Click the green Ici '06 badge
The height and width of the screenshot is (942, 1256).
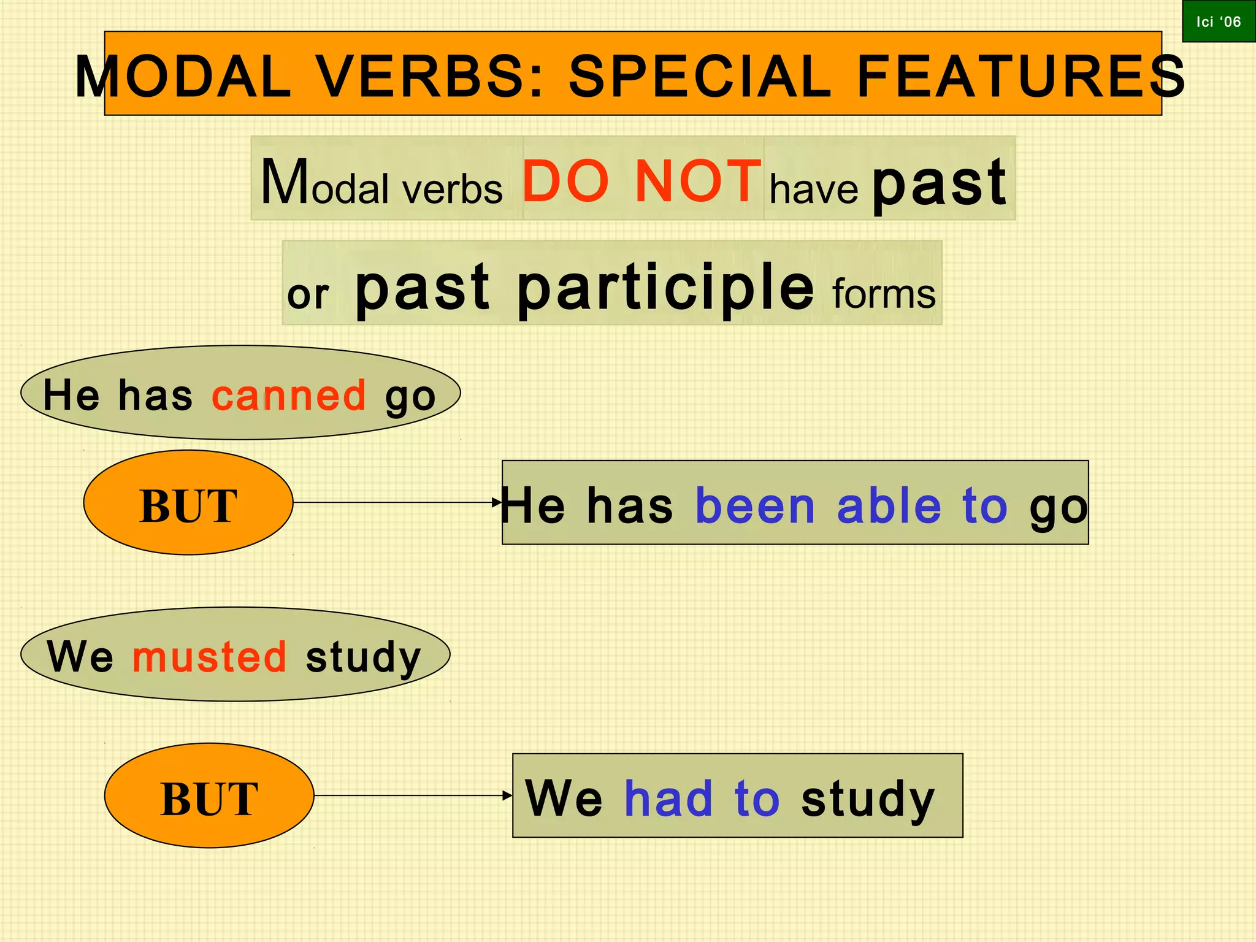point(1218,21)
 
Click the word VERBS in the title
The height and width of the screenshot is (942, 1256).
point(430,77)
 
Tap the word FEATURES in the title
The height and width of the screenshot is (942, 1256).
point(1020,77)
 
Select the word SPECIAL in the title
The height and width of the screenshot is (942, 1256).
point(700,77)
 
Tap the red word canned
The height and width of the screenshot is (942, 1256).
point(289,395)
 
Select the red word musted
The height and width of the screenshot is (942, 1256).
point(210,657)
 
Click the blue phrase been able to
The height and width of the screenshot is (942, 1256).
point(851,507)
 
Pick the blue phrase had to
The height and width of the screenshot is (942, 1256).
point(702,798)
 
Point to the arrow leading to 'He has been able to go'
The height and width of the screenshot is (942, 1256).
point(397,503)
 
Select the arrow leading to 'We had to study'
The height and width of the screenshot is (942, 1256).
point(413,795)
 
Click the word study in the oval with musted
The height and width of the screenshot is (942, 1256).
point(363,657)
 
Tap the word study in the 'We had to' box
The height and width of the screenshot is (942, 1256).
point(868,798)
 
